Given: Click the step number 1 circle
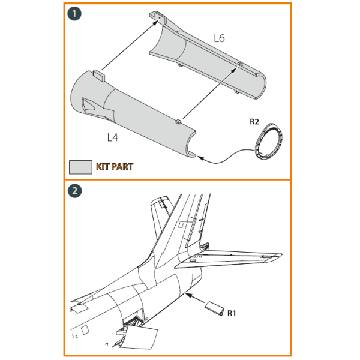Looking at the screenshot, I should tap(75, 14).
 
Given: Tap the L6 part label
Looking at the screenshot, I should tap(219, 38).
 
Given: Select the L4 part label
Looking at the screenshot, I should tap(112, 137).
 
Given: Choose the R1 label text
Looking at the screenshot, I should tap(232, 312).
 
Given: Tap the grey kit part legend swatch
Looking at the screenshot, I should tap(80, 167).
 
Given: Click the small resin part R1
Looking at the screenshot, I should tap(214, 310).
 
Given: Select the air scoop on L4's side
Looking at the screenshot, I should tap(91, 106).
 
